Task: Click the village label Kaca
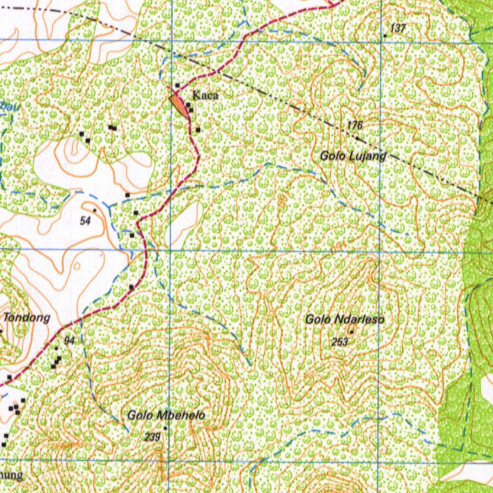206,95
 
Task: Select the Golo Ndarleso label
345,319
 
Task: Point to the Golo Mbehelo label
166,415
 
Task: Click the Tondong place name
27,318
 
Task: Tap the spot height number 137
398,28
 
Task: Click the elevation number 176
354,126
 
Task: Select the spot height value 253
339,342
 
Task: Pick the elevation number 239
152,437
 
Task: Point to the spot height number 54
86,221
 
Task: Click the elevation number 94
69,341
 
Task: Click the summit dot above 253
351,332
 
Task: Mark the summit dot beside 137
385,36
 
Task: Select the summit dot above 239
166,428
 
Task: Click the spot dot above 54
95,210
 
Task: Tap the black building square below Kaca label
191,110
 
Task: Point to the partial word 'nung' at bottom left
11,476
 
